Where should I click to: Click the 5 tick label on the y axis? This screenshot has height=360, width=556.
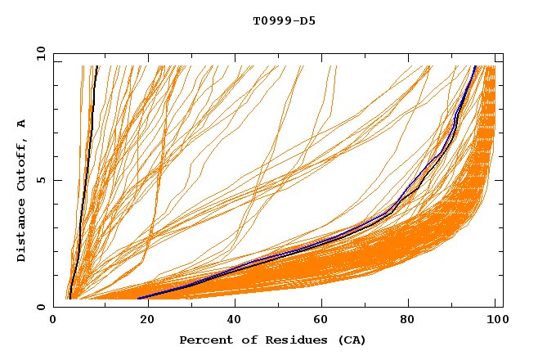tap(43, 180)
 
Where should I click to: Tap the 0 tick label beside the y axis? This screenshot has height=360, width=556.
tap(43, 307)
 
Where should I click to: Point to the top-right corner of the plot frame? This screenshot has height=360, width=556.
tap(503, 53)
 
